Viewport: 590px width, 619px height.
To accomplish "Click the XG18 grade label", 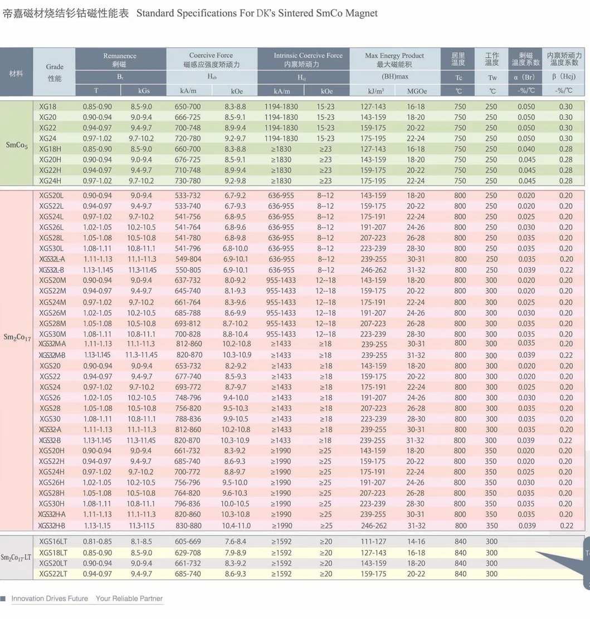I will [x=48, y=106].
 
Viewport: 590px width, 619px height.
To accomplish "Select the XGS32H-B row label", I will [x=52, y=525].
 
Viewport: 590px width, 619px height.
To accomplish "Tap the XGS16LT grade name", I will [x=53, y=542].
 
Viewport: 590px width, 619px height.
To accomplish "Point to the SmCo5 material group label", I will [x=17, y=145].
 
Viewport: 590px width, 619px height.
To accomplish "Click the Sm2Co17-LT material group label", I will [x=17, y=557].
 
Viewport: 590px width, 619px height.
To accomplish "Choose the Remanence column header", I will [x=120, y=56].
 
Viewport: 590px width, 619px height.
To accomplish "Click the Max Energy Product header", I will [x=394, y=56].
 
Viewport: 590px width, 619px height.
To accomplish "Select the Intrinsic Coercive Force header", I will [x=308, y=56].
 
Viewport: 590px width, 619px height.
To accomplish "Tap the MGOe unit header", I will [x=416, y=91].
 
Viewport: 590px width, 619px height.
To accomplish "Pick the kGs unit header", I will [x=144, y=91].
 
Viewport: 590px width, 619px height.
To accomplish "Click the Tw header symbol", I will [x=493, y=77].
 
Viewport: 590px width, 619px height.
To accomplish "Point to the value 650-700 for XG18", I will [x=188, y=106].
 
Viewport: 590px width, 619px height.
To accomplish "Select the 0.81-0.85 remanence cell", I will [x=97, y=542].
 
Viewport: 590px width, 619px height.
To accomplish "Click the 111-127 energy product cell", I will [x=373, y=542].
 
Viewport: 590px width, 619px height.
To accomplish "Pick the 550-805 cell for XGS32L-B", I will [x=188, y=270].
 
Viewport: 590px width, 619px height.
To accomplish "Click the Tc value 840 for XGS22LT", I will [x=460, y=574].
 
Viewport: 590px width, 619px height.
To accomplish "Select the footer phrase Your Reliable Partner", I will [x=129, y=598].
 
